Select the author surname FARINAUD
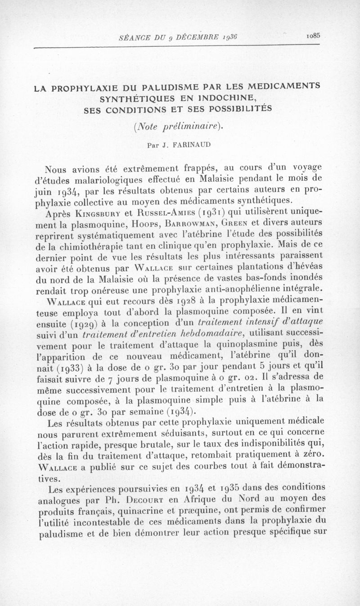pyautogui.click(x=186, y=145)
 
